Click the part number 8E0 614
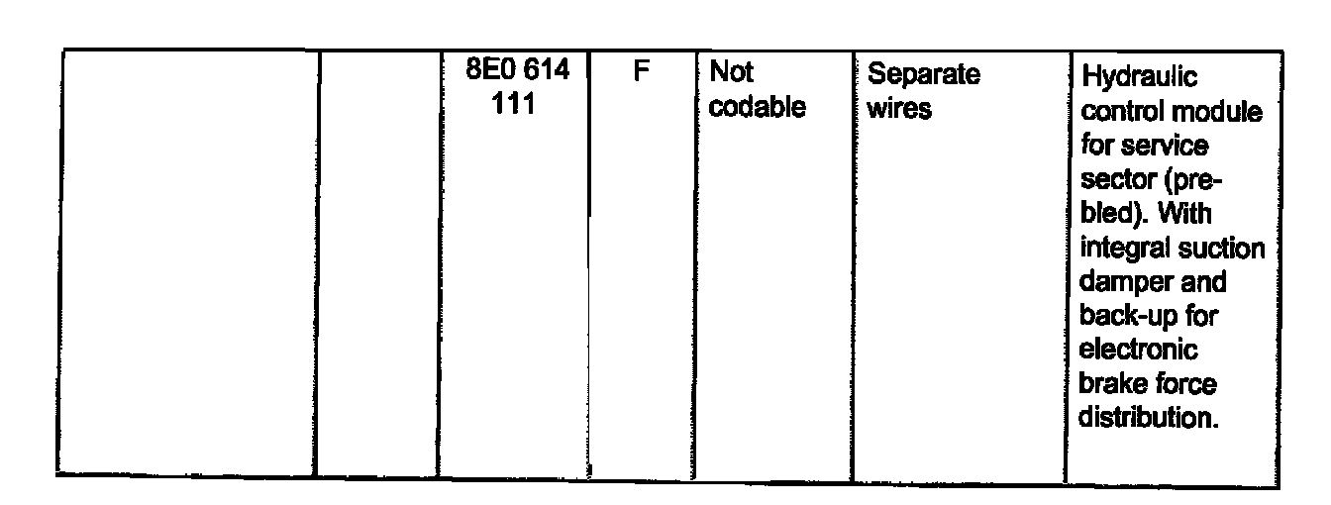[x=516, y=74]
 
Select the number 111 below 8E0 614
[x=515, y=106]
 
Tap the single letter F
[x=640, y=74]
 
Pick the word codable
[x=758, y=107]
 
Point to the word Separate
[x=923, y=74]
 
